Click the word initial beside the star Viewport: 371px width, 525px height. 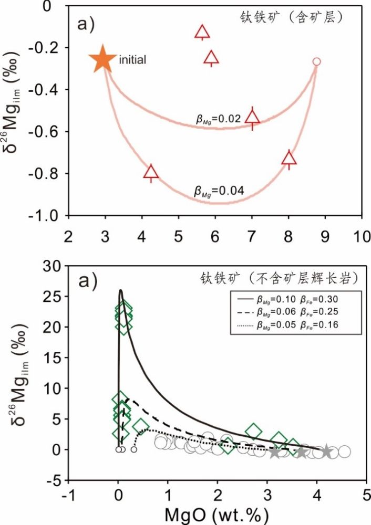[x=132, y=60]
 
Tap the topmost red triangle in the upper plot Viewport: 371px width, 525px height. [x=202, y=33]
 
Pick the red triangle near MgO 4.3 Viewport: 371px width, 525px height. [x=151, y=172]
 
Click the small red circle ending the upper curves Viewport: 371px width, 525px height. [x=316, y=61]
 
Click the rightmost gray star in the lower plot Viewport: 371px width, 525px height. [x=326, y=451]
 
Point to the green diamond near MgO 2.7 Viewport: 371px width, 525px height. [x=254, y=432]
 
